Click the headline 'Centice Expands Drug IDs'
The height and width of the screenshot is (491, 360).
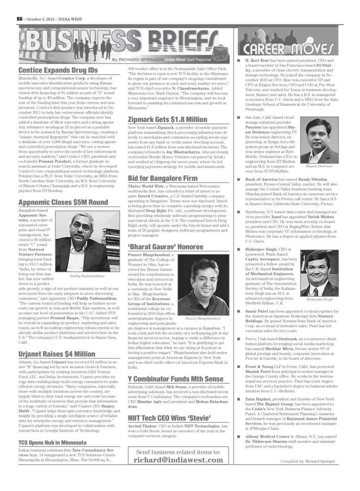pos(51,70)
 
